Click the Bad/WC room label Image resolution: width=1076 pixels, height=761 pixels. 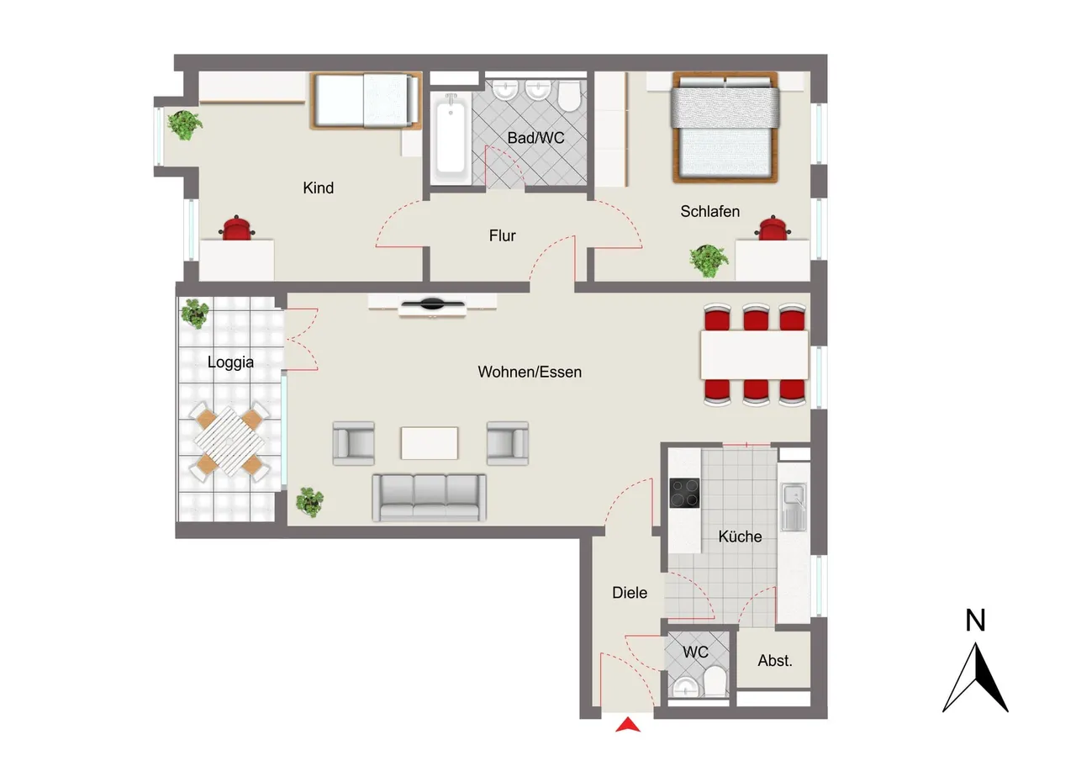click(535, 139)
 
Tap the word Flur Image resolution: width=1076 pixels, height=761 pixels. click(503, 236)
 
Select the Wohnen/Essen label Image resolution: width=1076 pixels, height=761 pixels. click(530, 372)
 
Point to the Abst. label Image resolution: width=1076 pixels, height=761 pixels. click(775, 661)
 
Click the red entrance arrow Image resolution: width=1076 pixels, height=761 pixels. click(628, 725)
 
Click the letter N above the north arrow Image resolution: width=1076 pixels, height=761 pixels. click(975, 621)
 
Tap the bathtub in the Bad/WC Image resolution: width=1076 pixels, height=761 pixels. click(451, 137)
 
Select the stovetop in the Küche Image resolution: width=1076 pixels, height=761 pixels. click(684, 493)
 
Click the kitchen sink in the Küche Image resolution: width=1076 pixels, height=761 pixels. click(794, 507)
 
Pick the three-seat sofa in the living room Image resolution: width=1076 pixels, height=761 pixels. click(430, 498)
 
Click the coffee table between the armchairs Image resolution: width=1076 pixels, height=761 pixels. click(430, 443)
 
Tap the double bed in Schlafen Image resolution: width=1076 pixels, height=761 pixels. click(725, 127)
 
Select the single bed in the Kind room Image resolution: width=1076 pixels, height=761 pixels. click(367, 101)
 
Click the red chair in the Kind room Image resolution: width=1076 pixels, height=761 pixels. click(236, 228)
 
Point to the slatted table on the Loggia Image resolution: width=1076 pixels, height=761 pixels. click(229, 441)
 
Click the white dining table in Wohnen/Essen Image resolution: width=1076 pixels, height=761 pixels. click(755, 355)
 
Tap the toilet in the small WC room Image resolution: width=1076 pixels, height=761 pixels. click(715, 680)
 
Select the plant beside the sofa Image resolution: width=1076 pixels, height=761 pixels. click(310, 501)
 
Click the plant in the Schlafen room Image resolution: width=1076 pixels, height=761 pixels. click(709, 261)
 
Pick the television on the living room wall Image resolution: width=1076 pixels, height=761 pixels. click(432, 304)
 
